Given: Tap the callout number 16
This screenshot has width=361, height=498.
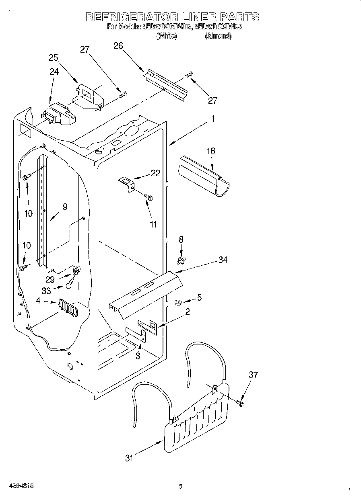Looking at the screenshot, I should point(211,151).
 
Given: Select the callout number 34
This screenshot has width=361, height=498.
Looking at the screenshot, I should point(223,260).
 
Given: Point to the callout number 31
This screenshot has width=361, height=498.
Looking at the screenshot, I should point(129,458).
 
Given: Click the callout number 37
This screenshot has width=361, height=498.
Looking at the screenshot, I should point(253,375).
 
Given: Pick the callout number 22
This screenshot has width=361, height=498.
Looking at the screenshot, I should point(155,174).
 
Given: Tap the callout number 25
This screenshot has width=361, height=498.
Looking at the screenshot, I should point(54,57).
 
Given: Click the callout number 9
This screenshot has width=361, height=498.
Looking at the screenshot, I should point(65,207).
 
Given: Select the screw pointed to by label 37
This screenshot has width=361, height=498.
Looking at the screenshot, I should point(241,403).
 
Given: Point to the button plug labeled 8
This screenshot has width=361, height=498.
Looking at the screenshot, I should point(181,261).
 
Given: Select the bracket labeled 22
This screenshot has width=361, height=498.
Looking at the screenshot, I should point(127,184).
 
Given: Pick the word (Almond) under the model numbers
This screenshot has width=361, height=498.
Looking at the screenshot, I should point(218,36).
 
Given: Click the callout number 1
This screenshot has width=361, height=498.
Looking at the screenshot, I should point(213,119).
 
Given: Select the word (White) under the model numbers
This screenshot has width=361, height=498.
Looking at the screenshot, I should point(166,36).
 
